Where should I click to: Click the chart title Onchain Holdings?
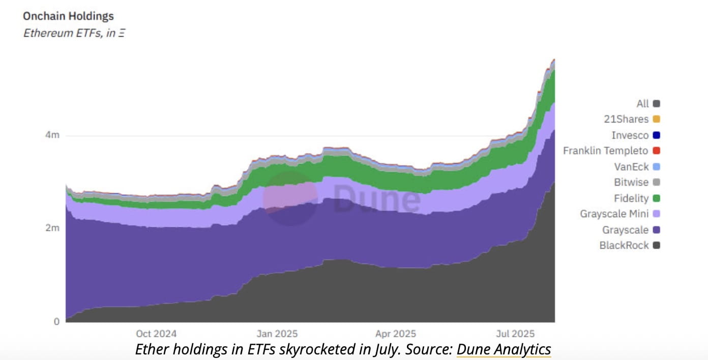click(x=68, y=16)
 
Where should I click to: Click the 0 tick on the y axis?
click(x=56, y=321)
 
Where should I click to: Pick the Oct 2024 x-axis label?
click(x=156, y=334)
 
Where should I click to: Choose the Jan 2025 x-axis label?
click(x=277, y=334)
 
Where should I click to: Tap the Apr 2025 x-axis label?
click(x=395, y=334)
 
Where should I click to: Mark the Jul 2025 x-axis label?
click(x=515, y=334)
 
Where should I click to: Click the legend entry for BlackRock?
click(x=624, y=245)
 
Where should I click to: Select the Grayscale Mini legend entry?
click(x=614, y=214)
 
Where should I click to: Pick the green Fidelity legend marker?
click(x=656, y=198)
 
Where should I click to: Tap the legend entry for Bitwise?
click(x=631, y=182)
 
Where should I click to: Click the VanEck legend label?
click(x=632, y=166)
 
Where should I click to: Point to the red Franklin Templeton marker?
click(x=656, y=151)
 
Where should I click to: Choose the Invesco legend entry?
click(x=630, y=135)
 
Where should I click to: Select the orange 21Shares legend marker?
click(x=656, y=119)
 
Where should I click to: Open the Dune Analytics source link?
click(x=504, y=350)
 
